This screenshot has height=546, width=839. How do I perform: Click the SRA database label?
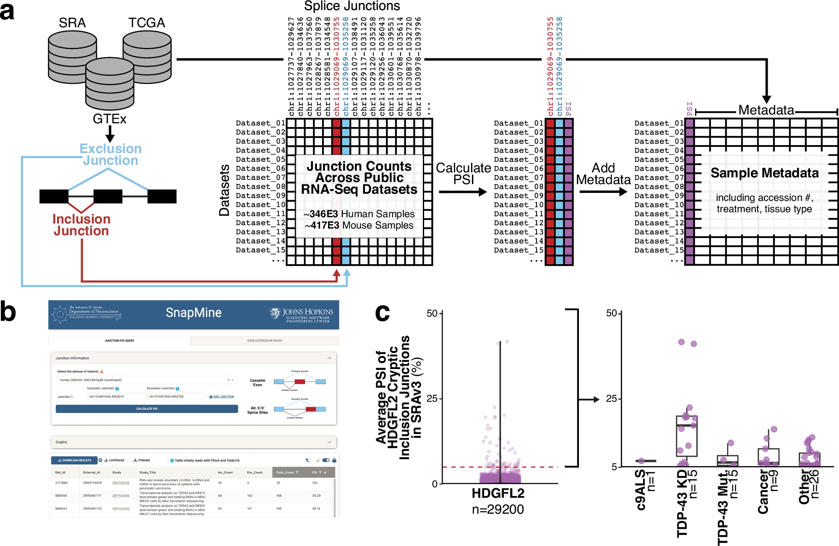point(72,23)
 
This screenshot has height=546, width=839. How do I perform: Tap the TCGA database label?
point(146,23)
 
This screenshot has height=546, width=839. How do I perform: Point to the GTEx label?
point(109,119)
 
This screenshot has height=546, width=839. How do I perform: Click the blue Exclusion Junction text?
point(110,154)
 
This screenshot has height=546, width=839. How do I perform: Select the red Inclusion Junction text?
point(81,225)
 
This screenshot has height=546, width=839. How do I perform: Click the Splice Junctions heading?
point(352,6)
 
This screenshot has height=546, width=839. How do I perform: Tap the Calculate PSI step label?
point(463,174)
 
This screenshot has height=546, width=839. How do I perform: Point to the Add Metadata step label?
point(603,174)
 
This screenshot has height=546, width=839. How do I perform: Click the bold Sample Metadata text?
point(764,173)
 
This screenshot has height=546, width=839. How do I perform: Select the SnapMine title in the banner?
point(193,312)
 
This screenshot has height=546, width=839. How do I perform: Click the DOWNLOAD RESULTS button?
point(74,460)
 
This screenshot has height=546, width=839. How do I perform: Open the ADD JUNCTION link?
point(222,397)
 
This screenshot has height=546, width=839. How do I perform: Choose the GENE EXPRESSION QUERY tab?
point(265,341)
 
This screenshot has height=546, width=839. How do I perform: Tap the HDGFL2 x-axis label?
point(498,493)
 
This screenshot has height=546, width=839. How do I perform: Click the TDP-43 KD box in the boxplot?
point(687,436)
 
